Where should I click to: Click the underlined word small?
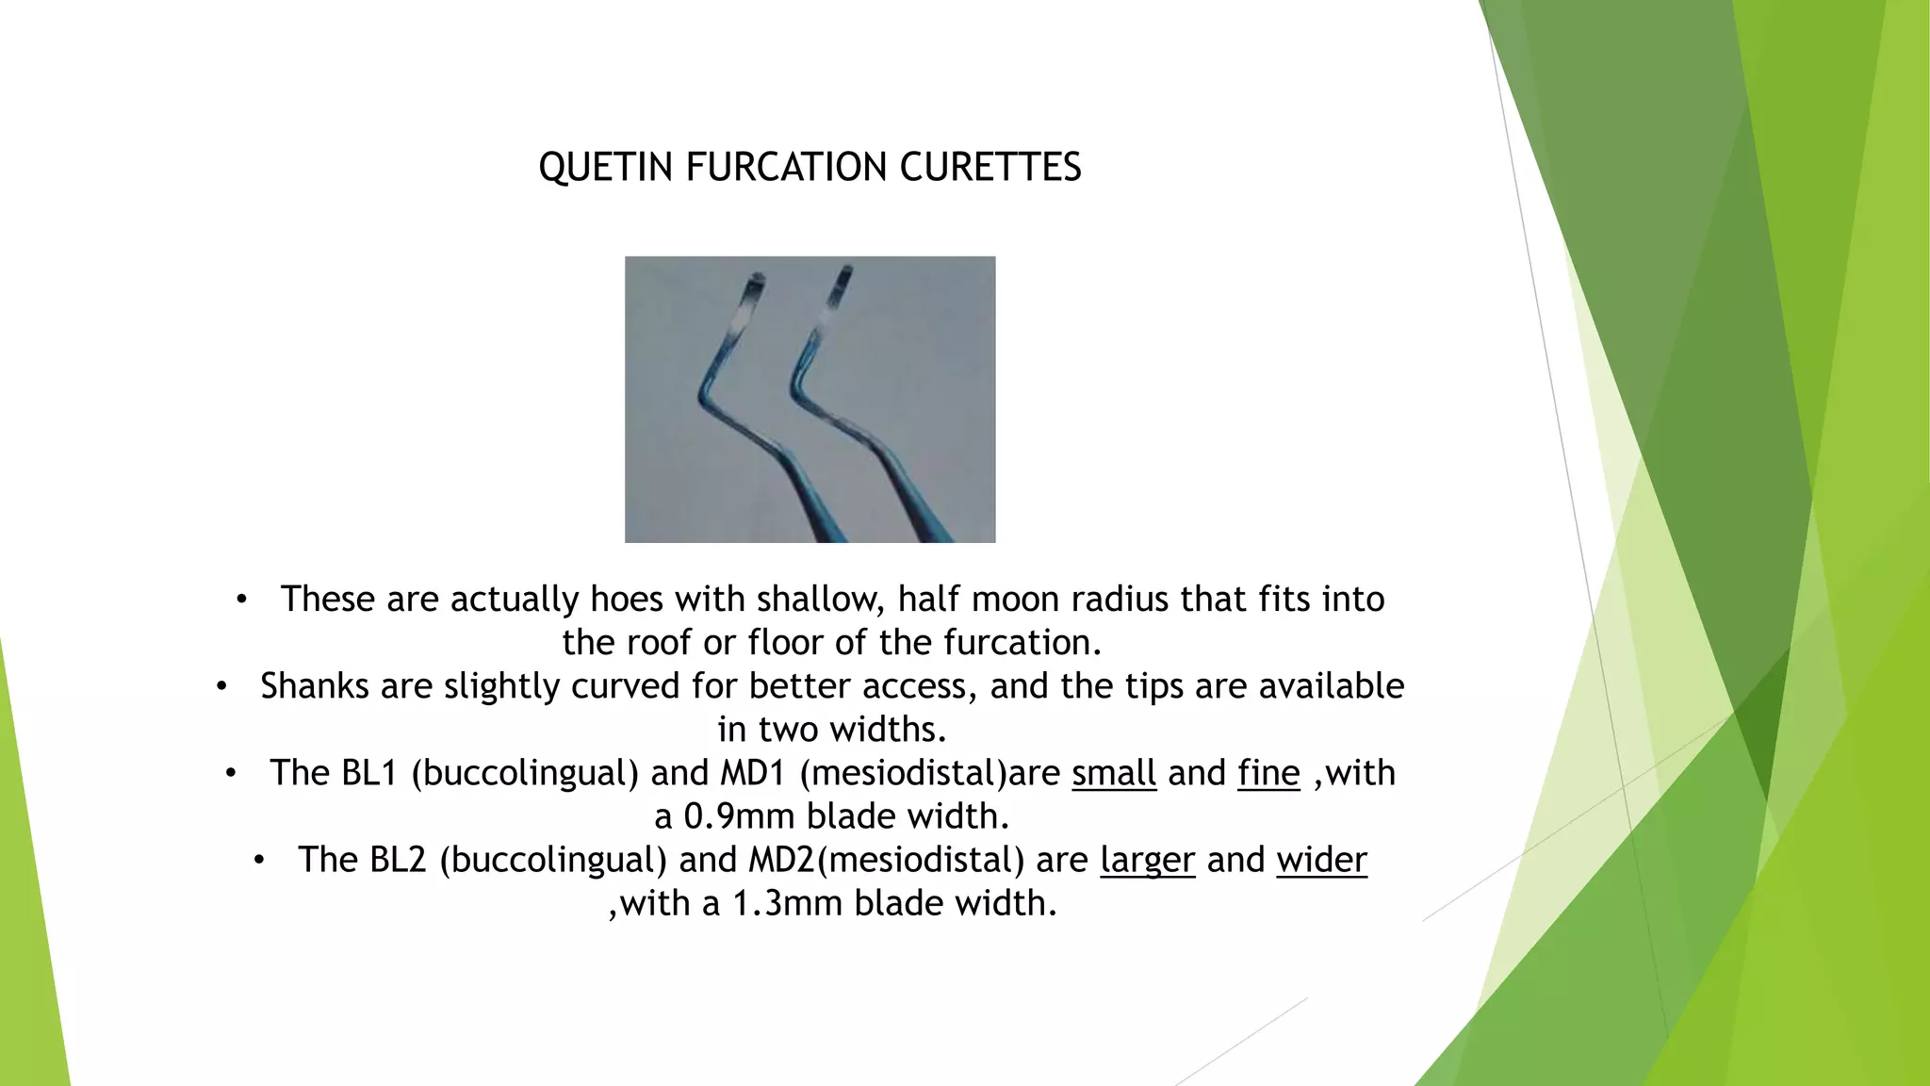(x=1113, y=773)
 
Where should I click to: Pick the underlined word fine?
(x=1268, y=773)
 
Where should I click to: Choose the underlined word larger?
(x=1147, y=860)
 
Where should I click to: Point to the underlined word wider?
(x=1321, y=860)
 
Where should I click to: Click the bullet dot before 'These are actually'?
(x=241, y=600)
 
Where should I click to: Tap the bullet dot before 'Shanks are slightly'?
(x=221, y=686)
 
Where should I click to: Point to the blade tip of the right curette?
(x=844, y=276)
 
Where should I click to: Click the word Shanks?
(x=314, y=686)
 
